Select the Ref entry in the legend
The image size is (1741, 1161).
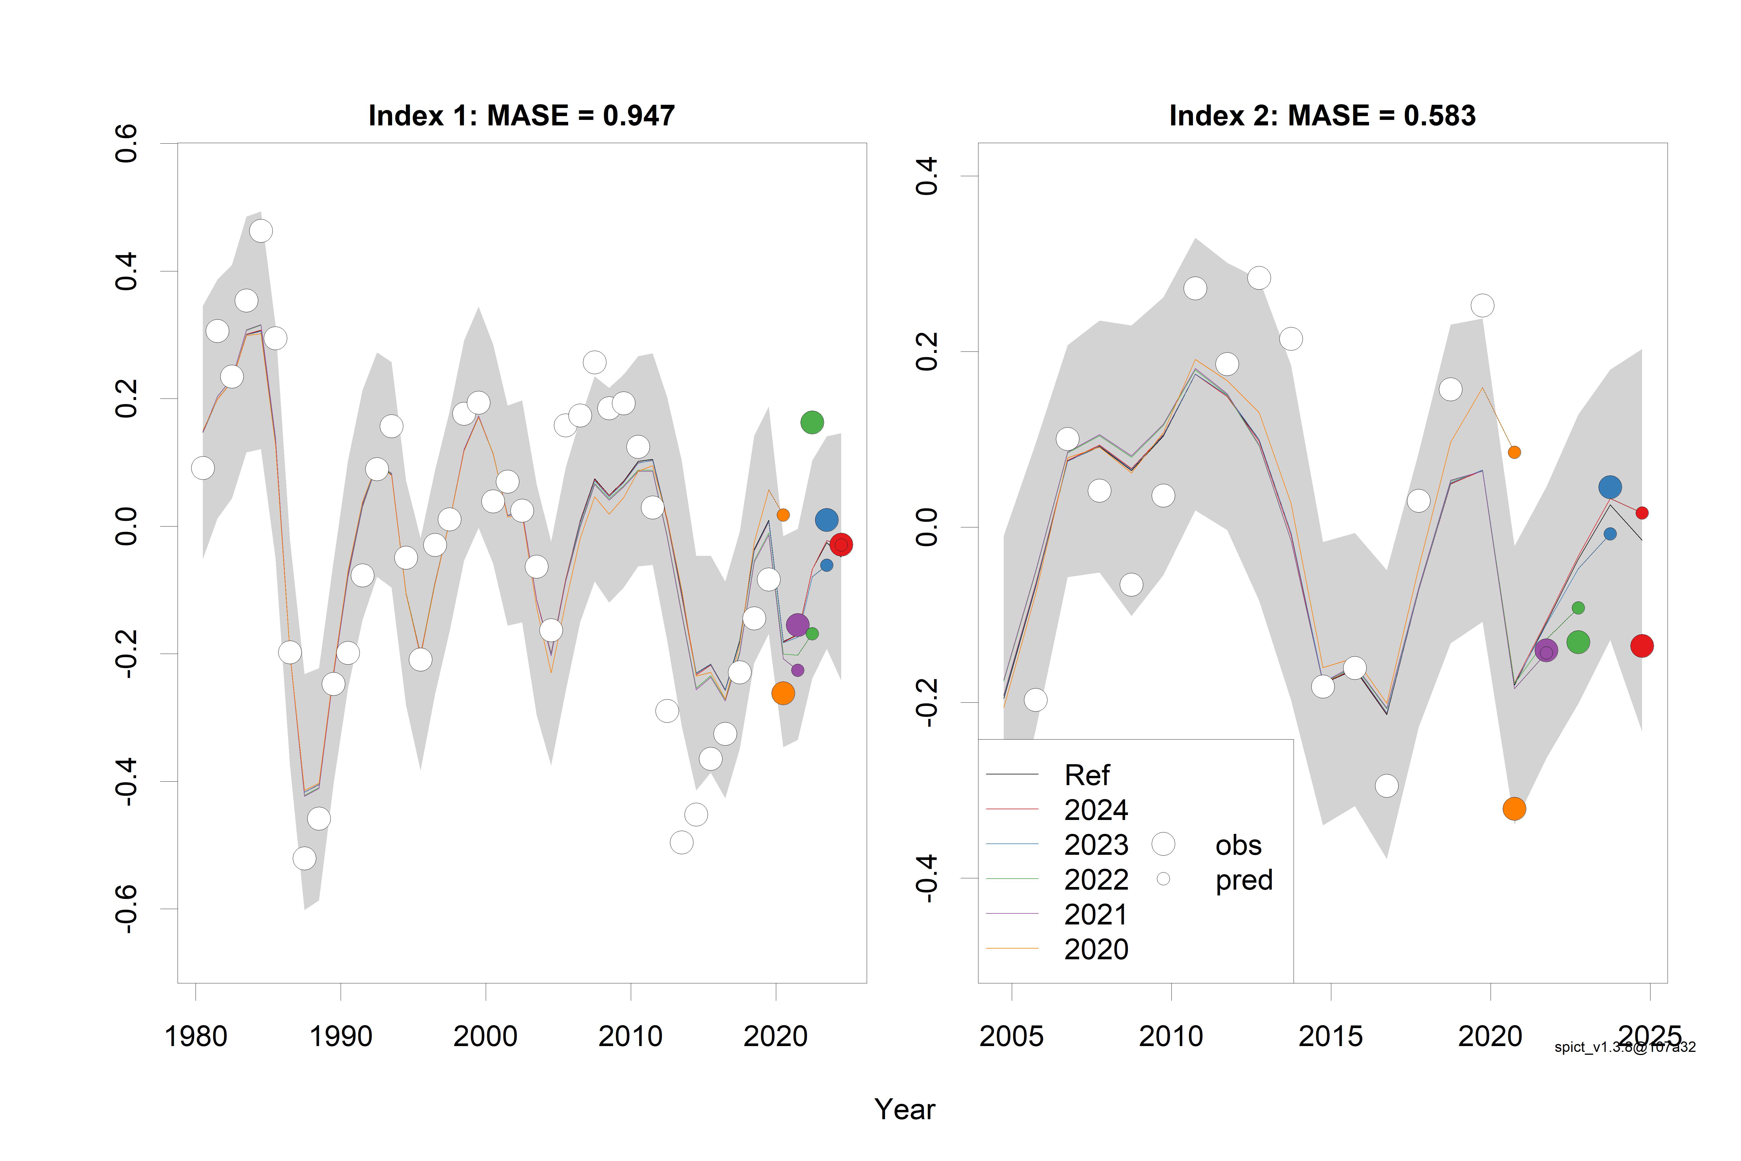pos(1087,775)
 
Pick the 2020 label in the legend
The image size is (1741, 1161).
pos(1096,949)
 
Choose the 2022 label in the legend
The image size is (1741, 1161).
pos(1096,880)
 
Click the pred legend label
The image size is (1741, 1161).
pos(1244,880)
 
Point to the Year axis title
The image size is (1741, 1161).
pos(904,1109)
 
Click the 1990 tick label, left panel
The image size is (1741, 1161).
pos(340,1036)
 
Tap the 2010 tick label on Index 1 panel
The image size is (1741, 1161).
pos(630,1036)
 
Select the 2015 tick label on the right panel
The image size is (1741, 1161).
pos(1330,1036)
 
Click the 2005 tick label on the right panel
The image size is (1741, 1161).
pos(1011,1036)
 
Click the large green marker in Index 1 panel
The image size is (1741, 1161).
pos(812,422)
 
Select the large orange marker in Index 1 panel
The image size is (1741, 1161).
pos(782,693)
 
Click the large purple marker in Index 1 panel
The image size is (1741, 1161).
pos(797,625)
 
